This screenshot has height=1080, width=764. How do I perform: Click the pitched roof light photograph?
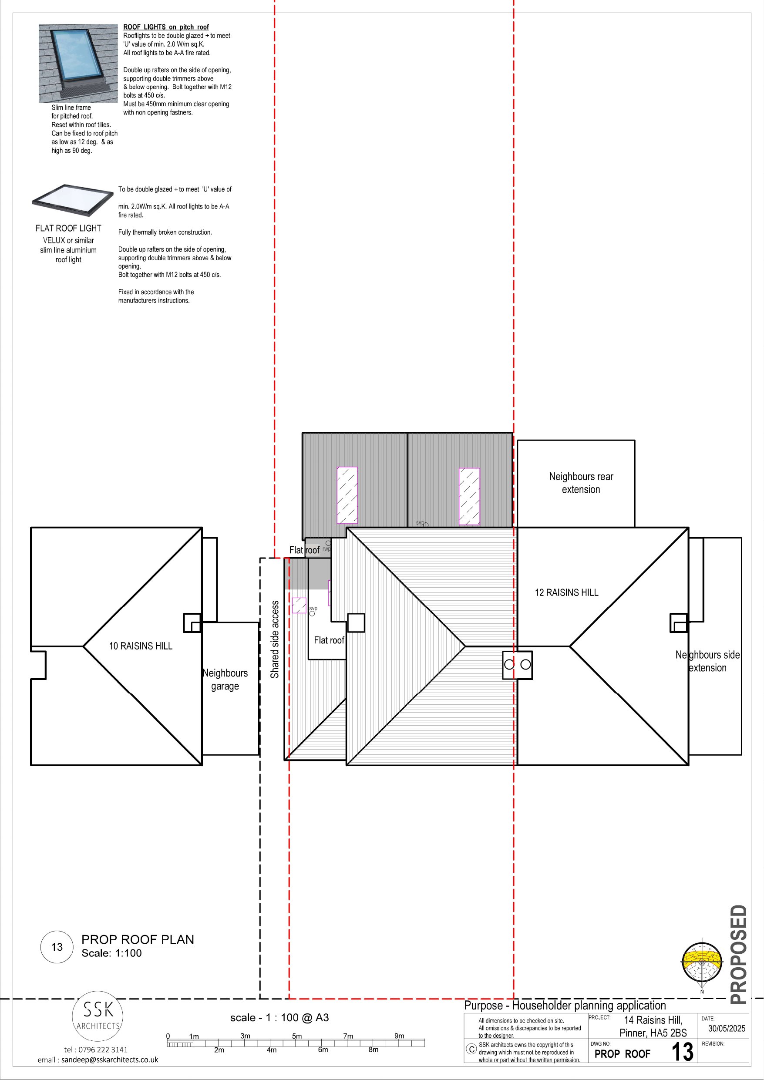[x=78, y=64]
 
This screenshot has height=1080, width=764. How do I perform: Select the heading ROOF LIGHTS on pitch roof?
[x=166, y=27]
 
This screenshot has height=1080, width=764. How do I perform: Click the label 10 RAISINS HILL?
[x=141, y=646]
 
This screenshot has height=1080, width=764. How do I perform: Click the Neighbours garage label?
[x=225, y=679]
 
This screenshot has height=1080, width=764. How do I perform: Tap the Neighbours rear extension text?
[x=581, y=483]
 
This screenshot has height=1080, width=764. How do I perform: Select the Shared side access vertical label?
[x=274, y=639]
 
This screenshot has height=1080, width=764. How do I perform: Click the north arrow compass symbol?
[x=701, y=964]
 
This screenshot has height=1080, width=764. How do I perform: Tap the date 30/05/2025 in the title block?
[x=727, y=1028]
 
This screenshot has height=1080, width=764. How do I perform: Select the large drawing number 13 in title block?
[x=682, y=1052]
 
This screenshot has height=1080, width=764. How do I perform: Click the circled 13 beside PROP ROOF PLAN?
[x=57, y=947]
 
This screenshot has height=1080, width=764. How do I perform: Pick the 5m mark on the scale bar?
[x=297, y=1036]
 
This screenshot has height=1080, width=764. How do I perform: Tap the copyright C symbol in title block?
[x=471, y=1049]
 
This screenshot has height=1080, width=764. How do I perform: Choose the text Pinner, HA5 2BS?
[x=653, y=1033]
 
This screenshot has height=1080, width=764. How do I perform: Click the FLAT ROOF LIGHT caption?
[x=68, y=228]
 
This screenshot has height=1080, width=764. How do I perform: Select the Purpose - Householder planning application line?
[x=565, y=1006]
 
